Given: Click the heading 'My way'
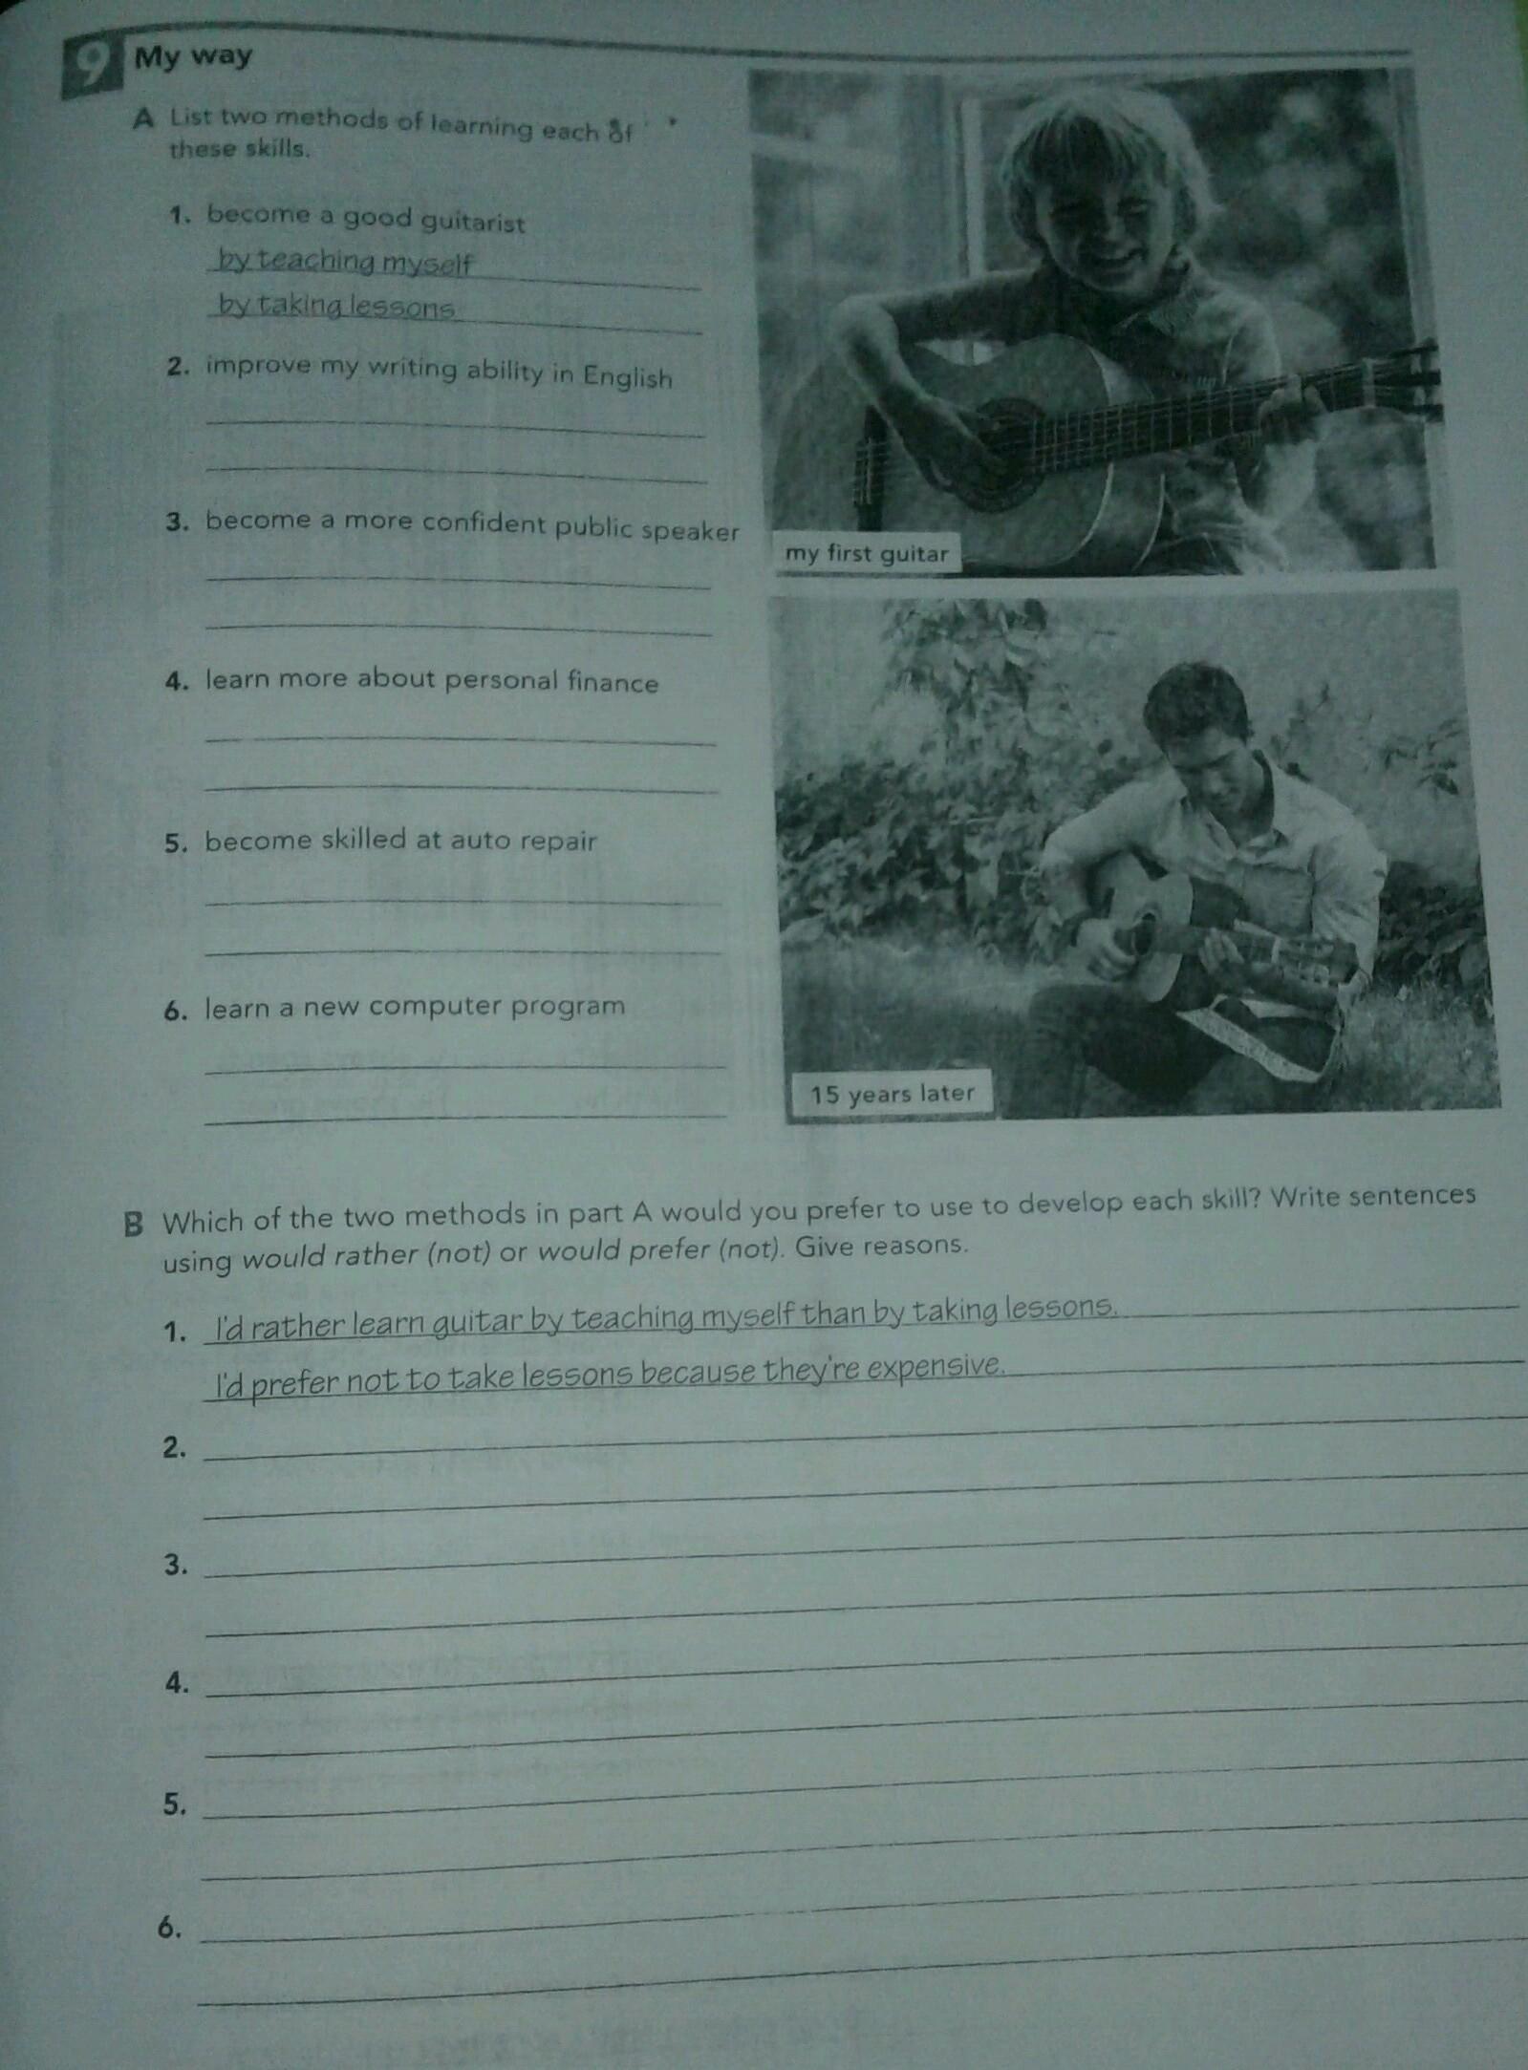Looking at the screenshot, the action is click(x=193, y=57).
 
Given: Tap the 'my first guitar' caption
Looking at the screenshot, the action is click(x=866, y=553).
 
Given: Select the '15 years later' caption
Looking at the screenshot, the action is click(x=892, y=1093).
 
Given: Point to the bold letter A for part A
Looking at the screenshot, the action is click(x=143, y=119).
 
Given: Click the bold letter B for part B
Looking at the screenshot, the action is click(x=134, y=1224).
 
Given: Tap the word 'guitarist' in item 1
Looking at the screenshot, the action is click(x=473, y=222).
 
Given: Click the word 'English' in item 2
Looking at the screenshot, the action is click(x=627, y=376).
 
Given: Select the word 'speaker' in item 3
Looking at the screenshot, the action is click(x=690, y=529).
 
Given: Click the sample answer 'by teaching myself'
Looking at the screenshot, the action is click(x=345, y=261).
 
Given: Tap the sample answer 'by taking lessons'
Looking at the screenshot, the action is click(x=336, y=306).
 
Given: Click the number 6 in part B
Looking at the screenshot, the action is click(x=169, y=1928).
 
